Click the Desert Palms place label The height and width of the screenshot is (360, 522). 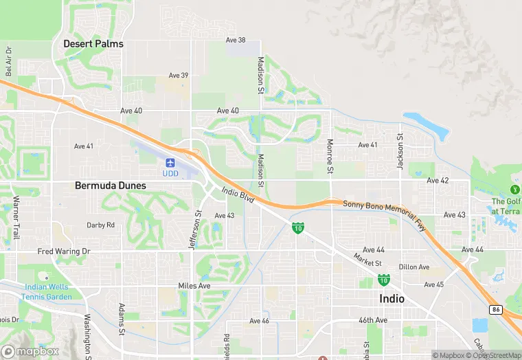click(x=93, y=43)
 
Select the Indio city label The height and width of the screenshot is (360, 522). click(x=391, y=299)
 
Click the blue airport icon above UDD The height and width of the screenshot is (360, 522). click(x=170, y=164)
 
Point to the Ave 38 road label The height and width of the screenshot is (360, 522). click(x=236, y=40)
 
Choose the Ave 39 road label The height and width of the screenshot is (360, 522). click(x=179, y=76)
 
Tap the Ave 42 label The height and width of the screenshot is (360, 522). click(x=438, y=181)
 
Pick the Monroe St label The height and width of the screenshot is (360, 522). click(x=330, y=156)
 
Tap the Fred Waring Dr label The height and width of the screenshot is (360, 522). click(x=64, y=251)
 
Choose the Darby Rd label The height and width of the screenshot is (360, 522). click(x=100, y=225)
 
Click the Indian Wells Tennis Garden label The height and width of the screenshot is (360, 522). click(x=46, y=291)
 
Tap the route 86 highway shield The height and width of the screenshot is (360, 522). click(x=497, y=311)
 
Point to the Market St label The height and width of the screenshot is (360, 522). click(x=367, y=262)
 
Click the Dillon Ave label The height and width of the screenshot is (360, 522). click(x=414, y=267)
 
